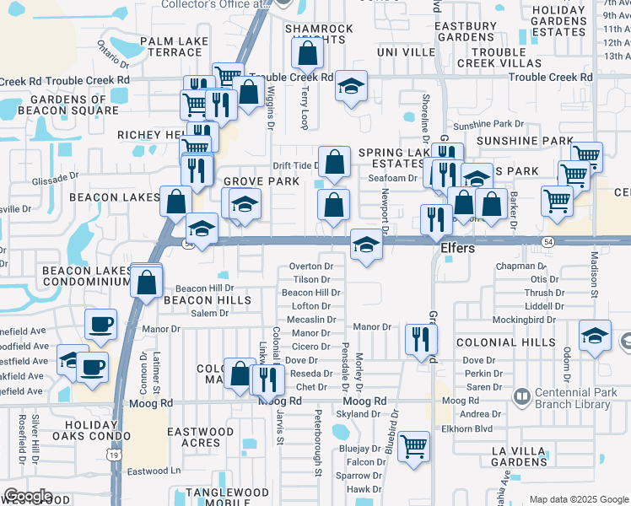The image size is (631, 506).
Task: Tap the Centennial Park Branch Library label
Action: [x=563, y=396]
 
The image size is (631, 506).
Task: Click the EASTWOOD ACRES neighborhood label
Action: [x=200, y=437]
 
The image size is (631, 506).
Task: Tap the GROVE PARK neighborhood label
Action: [x=261, y=181]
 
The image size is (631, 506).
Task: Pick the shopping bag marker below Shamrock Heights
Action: [x=308, y=55]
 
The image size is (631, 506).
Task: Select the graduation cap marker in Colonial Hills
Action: [x=595, y=336]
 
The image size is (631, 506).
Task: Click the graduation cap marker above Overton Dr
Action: [x=366, y=245]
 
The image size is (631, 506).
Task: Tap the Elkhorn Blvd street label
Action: [x=483, y=428]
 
